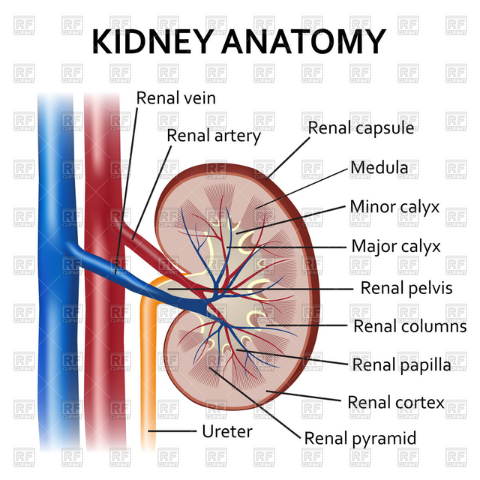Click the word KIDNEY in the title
[151, 41]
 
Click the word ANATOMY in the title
[303, 41]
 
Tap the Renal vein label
[176, 98]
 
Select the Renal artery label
[214, 136]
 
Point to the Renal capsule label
[361, 128]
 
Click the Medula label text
[379, 168]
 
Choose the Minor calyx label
[395, 207]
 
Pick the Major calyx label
[396, 247]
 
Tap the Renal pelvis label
[406, 288]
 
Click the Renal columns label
[410, 326]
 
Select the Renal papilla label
[402, 365]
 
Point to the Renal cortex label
[396, 403]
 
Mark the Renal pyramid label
[360, 439]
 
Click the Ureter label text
[227, 432]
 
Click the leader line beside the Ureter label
[172, 431]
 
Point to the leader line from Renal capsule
[288, 158]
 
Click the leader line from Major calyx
[286, 247]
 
